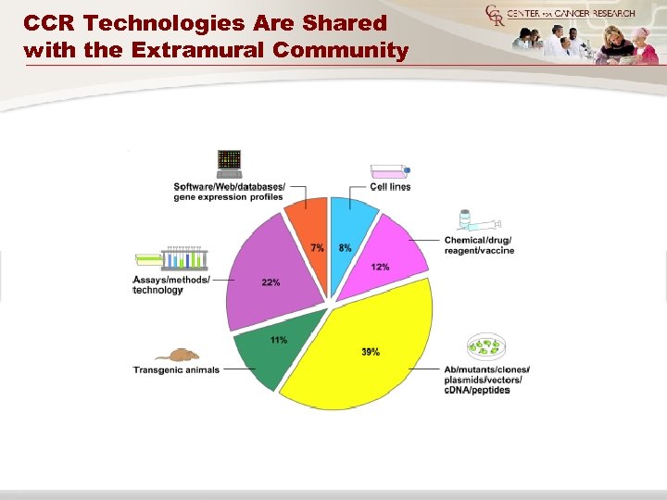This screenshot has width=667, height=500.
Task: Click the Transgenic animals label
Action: pos(176,370)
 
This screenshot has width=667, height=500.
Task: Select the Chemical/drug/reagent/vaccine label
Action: pos(478,245)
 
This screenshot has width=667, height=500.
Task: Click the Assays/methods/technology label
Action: pos(171,284)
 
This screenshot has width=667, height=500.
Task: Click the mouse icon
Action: pos(176,355)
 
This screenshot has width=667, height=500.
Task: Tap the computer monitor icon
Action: pos(229,163)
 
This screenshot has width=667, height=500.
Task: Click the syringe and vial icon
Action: pos(479,222)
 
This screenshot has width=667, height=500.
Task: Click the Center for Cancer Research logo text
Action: pos(574,13)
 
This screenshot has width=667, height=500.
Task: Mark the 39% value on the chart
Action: pos(371,352)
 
